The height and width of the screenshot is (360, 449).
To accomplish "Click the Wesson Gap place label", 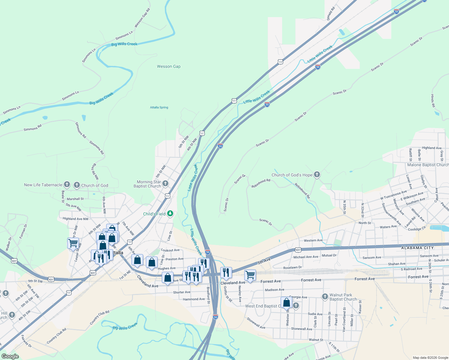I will pyautogui.click(x=169, y=66).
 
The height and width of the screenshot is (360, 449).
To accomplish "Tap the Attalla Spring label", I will pyautogui.click(x=159, y=107).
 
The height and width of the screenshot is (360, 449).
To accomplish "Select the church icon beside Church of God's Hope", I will pyautogui.click(x=317, y=175).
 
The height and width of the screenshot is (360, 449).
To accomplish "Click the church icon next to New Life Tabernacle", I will pyautogui.click(x=67, y=184).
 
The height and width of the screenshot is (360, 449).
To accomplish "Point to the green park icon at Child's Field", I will pyautogui.click(x=170, y=214).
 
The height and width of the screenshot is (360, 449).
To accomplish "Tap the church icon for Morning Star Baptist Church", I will pyautogui.click(x=165, y=183).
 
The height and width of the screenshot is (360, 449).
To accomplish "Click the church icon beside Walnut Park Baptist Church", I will pyautogui.click(x=325, y=297).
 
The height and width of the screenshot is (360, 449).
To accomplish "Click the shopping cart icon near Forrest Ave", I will pyautogui.click(x=250, y=274).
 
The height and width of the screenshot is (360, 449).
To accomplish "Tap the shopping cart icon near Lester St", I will pyautogui.click(x=73, y=243).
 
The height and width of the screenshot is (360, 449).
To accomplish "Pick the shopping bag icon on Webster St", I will pyautogui.click(x=286, y=302).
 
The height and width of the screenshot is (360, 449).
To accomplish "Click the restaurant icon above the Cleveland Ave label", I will pyautogui.click(x=226, y=272).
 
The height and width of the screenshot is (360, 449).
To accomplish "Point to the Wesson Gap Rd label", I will pyautogui.click(x=142, y=18).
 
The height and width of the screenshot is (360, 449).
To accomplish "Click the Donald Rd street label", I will pyautogui.click(x=331, y=13).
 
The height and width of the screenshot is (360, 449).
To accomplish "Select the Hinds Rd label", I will pyautogui.click(x=433, y=101).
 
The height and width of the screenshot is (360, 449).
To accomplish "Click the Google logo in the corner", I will pyautogui.click(x=10, y=356).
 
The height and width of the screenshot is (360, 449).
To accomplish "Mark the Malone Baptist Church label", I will pyautogui.click(x=428, y=165).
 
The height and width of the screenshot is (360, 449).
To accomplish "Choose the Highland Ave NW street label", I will pyautogui.click(x=76, y=219).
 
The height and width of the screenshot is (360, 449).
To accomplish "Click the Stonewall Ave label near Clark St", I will pyautogui.click(x=302, y=329).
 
